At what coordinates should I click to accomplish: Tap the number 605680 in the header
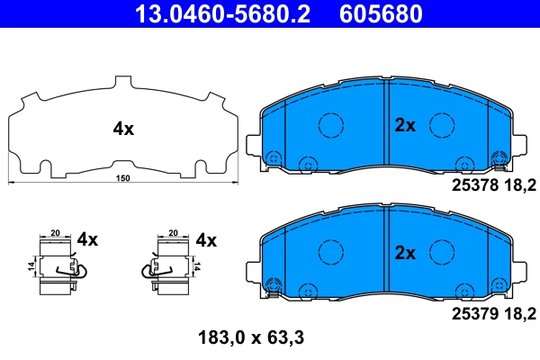379,13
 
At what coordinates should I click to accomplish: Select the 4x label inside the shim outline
123,129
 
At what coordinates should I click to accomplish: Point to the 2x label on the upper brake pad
405,126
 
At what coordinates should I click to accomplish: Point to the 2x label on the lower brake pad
405,255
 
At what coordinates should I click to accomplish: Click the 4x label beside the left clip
87,239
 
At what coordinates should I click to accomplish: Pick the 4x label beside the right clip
206,239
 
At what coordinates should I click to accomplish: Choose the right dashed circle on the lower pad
439,253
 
